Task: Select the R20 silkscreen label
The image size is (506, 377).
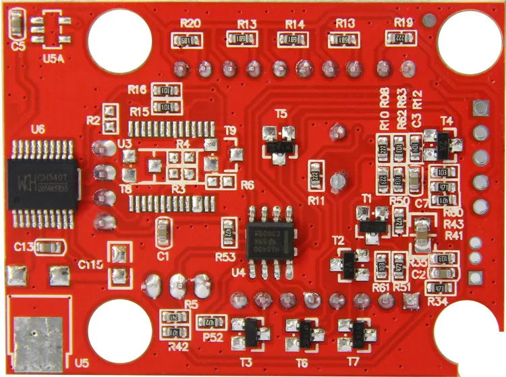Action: click(x=190, y=24)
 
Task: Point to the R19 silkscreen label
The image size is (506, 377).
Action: click(x=404, y=23)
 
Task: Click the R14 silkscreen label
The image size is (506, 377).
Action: click(x=295, y=24)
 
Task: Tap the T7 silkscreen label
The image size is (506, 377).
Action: click(x=353, y=362)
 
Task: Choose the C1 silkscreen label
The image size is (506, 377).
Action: click(x=163, y=256)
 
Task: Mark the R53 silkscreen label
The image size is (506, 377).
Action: click(x=225, y=257)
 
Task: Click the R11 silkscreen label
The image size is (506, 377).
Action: click(x=316, y=200)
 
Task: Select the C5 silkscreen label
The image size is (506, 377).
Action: click(x=19, y=47)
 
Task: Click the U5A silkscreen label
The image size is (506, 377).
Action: click(x=53, y=59)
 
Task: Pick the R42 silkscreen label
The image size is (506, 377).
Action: click(x=178, y=347)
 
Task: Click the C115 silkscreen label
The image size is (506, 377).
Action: click(x=90, y=264)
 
